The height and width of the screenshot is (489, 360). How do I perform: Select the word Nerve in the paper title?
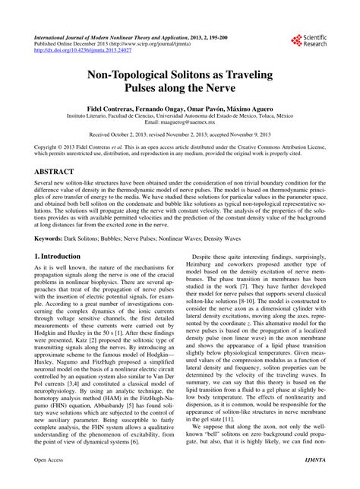click(x=235, y=94)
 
